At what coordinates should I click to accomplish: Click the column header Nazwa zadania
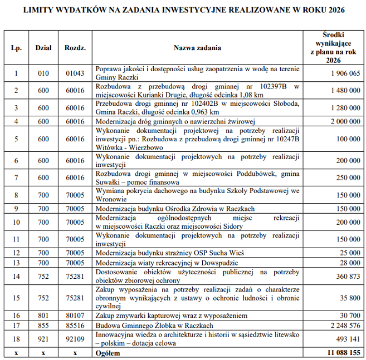197,48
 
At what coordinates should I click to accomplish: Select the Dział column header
43,48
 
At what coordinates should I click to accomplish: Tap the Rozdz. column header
75,48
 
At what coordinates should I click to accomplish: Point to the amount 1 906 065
345,73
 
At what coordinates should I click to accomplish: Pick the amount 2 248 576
345,325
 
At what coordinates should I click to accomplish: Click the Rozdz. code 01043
75,73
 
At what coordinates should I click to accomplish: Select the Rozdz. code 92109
75,339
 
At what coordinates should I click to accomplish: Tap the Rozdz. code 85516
75,325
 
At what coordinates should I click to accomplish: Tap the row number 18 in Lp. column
16,339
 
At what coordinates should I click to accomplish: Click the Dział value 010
43,73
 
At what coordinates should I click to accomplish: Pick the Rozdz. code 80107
75,315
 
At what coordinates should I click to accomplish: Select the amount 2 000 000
345,121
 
